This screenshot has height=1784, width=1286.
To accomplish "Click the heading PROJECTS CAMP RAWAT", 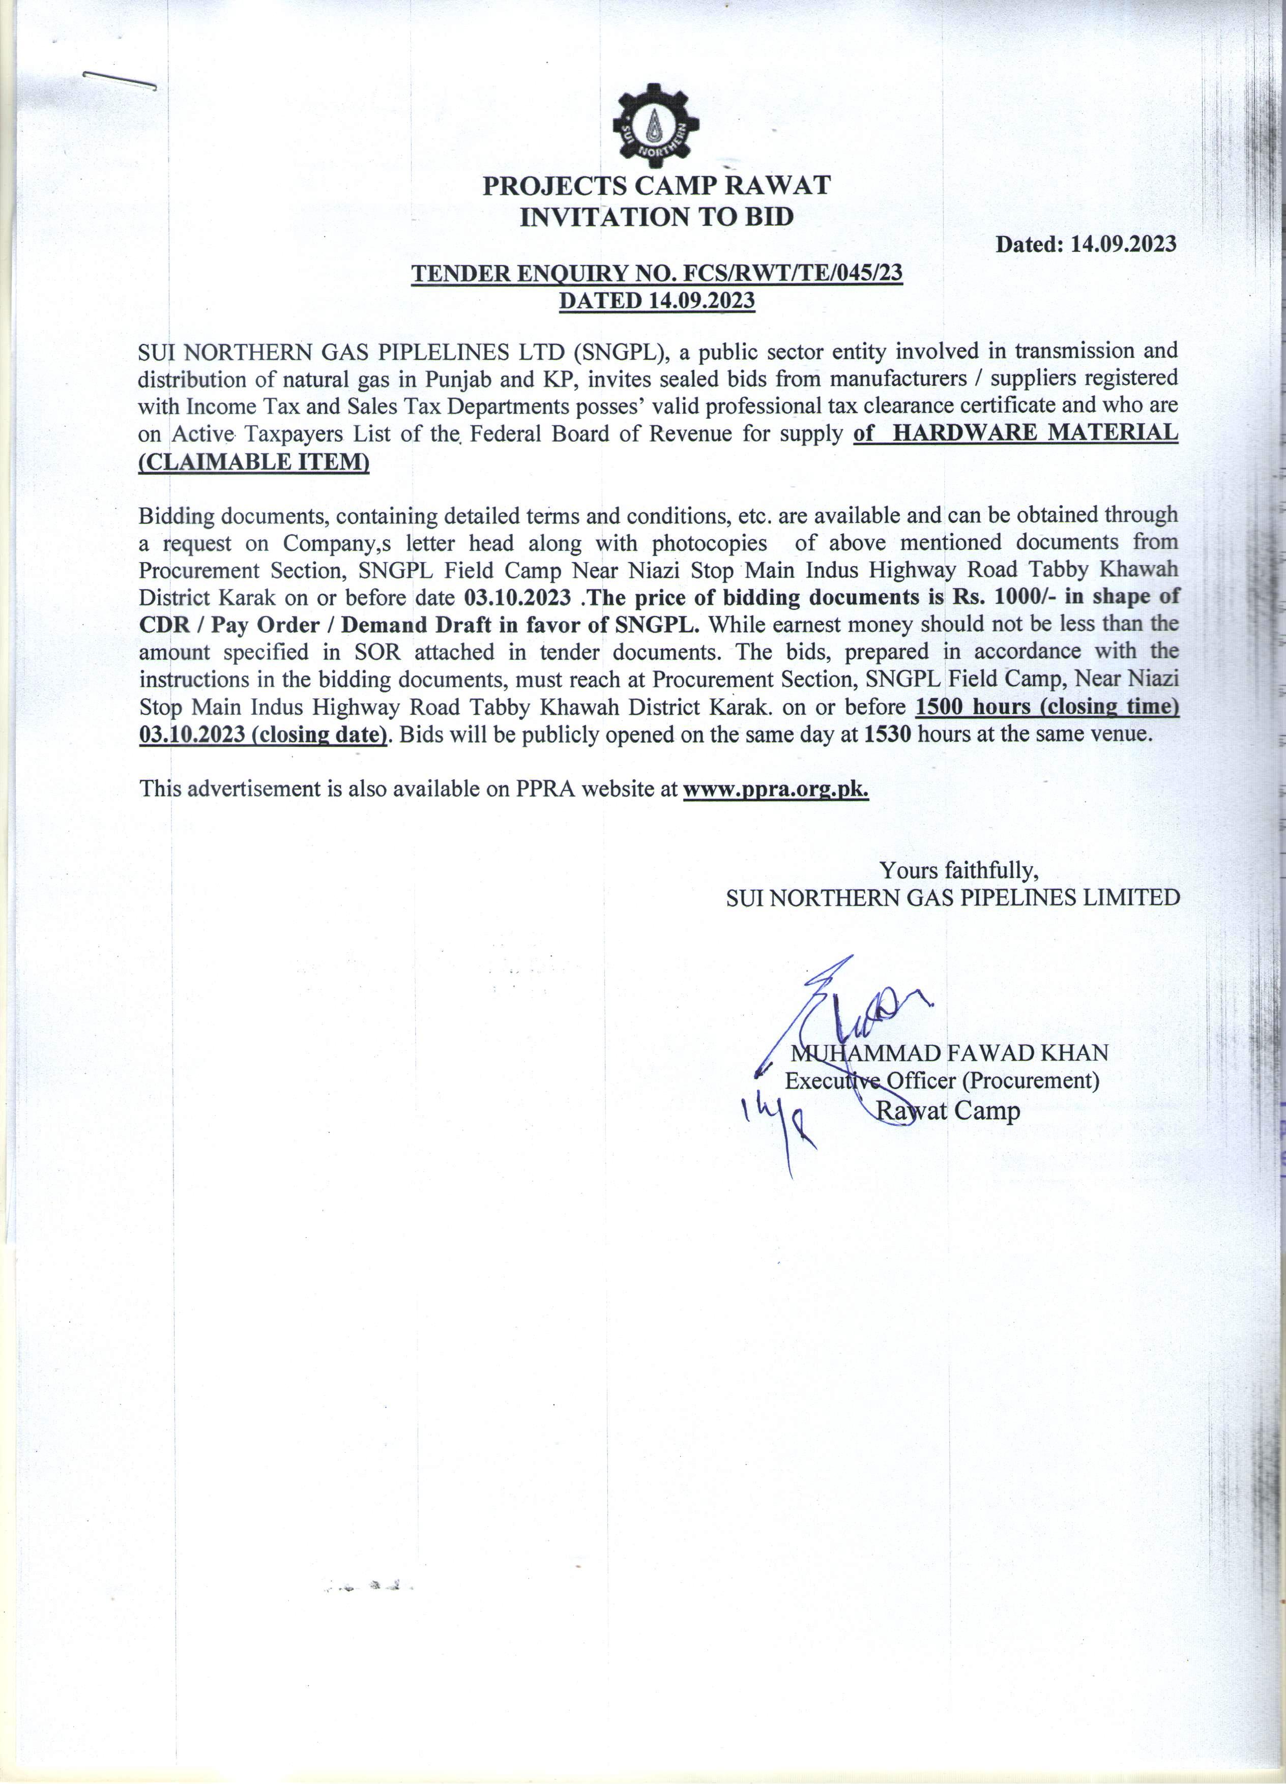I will tap(656, 186).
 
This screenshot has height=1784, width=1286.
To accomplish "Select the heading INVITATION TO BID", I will tap(656, 216).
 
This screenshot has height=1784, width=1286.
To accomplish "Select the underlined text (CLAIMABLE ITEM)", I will tap(253, 462).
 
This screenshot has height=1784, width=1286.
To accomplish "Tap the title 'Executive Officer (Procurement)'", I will tap(942, 1081).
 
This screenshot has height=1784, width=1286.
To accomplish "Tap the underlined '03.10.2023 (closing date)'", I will tap(262, 735).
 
